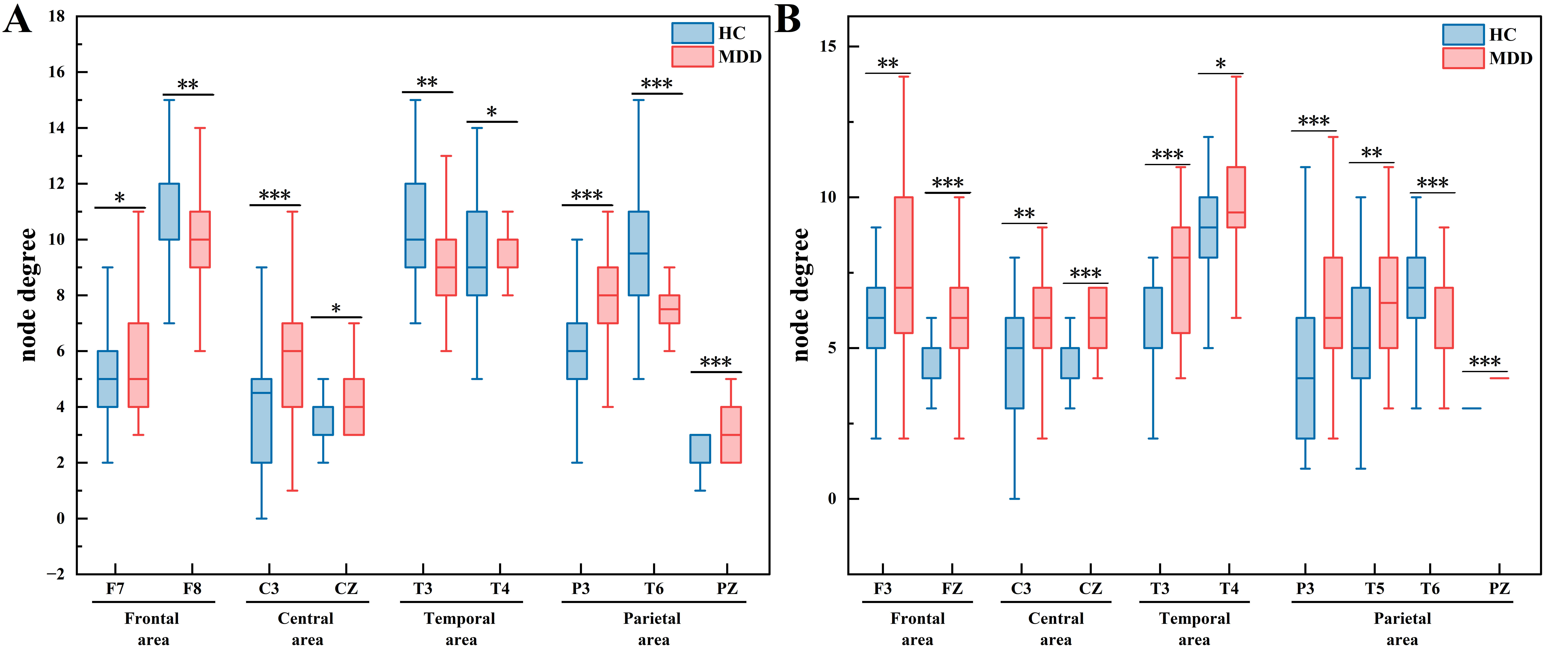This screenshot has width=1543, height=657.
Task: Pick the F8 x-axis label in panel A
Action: [192, 589]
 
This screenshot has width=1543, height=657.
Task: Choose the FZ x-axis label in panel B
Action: [952, 589]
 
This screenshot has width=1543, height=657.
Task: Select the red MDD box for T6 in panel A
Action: [669, 309]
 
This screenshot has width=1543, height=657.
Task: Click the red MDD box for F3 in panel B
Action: [903, 265]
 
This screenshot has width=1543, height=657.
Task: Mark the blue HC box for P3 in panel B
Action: [1305, 378]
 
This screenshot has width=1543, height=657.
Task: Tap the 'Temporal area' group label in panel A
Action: [460, 629]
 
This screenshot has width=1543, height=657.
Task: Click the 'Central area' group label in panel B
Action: [1056, 629]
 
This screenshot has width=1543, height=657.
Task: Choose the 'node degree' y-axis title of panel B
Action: [801, 295]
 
